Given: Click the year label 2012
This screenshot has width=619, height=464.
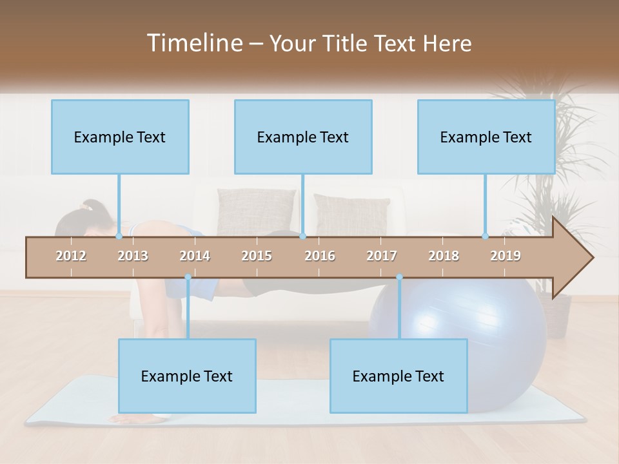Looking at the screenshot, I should (71, 256).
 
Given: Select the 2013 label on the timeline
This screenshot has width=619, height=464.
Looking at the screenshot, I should (133, 256).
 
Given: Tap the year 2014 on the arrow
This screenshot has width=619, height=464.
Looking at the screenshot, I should (195, 256).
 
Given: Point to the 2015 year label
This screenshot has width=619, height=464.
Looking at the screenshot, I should (257, 256).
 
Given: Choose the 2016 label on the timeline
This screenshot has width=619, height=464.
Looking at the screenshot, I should (320, 256).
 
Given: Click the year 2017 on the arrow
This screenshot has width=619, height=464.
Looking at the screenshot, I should (382, 256).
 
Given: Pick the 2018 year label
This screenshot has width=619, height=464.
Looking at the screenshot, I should (444, 256).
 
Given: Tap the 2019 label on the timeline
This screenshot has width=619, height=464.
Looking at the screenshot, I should (506, 256).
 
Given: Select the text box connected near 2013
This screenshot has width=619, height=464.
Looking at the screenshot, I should (120, 137).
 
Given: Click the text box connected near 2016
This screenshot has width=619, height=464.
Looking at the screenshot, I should (303, 137).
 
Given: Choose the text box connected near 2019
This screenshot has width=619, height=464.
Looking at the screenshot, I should (486, 137).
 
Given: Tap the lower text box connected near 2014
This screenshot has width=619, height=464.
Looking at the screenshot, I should (187, 376).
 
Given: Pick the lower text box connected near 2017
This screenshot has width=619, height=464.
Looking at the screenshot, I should (398, 376).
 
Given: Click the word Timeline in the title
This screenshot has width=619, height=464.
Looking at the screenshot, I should (193, 43).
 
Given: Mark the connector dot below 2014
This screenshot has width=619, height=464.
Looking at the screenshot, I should (188, 277).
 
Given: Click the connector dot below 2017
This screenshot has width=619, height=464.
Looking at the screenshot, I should (399, 277).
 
